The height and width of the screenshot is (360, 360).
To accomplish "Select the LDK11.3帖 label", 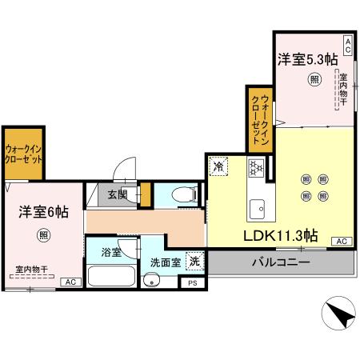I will coord(281,236).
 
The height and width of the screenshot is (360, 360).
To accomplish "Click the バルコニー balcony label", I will coord(280,262).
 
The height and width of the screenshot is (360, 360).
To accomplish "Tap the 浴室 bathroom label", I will coord(111,252).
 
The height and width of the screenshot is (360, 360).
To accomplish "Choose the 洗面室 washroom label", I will coord(166,262).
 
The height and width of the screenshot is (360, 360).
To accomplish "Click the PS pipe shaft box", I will coord(192,282).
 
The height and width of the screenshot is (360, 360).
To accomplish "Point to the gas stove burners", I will coord(258,167).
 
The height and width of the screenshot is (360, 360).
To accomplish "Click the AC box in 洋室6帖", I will coord(70,282).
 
